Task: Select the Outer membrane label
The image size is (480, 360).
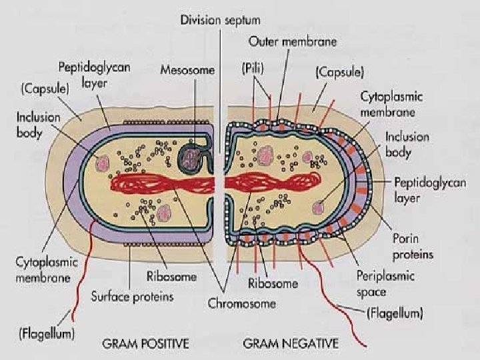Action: click(293, 41)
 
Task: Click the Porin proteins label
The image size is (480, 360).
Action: click(413, 247)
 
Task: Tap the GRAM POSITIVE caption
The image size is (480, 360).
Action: click(145, 344)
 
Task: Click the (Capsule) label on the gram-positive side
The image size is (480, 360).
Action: click(44, 87)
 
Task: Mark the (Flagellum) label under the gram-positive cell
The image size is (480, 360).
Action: click(46, 331)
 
